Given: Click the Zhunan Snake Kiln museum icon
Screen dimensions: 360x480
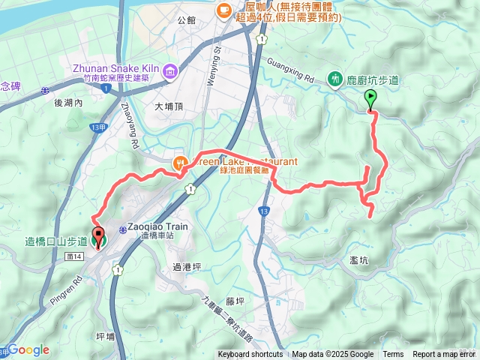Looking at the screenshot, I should pyautogui.click(x=170, y=71).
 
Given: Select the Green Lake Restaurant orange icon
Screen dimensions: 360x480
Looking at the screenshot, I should pyautogui.click(x=179, y=161).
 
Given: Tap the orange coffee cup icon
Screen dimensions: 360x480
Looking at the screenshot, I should pyautogui.click(x=223, y=10).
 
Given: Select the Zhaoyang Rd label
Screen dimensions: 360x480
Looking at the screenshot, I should pyautogui.click(x=128, y=124).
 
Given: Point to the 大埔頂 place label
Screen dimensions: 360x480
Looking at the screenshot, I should pyautogui.click(x=169, y=106).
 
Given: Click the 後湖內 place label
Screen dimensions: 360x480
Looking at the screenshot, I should pyautogui.click(x=68, y=103).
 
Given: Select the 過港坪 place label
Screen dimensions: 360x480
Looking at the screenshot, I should pyautogui.click(x=187, y=266).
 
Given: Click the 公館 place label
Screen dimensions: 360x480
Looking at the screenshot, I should pyautogui.click(x=187, y=19).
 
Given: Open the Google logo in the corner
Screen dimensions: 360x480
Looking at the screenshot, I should pyautogui.click(x=28, y=349).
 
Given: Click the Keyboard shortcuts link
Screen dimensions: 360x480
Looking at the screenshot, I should pyautogui.click(x=250, y=355).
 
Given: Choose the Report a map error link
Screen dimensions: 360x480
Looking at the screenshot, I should pyautogui.click(x=443, y=355).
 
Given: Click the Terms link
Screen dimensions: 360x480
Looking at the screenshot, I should pyautogui.click(x=393, y=355).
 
